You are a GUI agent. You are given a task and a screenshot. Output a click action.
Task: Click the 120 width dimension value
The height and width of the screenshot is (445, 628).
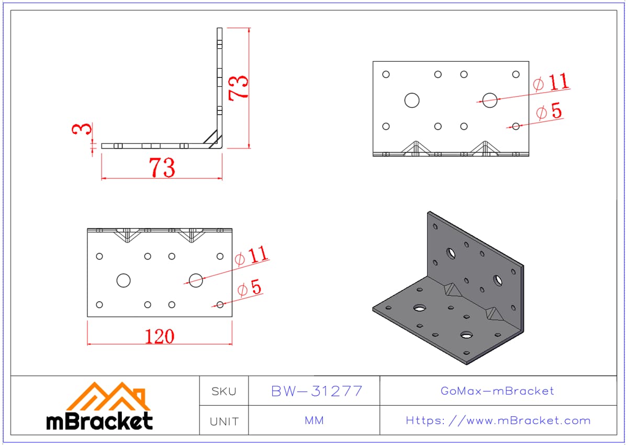click(160, 337)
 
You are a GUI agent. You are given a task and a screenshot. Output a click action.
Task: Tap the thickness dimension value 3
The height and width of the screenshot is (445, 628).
click(82, 129)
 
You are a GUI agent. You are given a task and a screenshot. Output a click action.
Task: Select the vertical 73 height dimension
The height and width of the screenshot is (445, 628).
click(238, 88)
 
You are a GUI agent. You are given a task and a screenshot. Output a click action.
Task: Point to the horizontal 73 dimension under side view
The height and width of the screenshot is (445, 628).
click(162, 168)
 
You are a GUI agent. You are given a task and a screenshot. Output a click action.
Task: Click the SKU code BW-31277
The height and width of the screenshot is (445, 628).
click(317, 391)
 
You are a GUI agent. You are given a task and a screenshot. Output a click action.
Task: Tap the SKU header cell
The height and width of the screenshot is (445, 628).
click(224, 392)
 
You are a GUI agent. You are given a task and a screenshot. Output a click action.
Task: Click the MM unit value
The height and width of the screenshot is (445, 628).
click(315, 420)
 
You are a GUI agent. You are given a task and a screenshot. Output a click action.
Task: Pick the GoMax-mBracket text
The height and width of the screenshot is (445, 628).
click(497, 391)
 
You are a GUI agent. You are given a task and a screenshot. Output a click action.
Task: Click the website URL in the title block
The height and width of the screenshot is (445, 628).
click(498, 421)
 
